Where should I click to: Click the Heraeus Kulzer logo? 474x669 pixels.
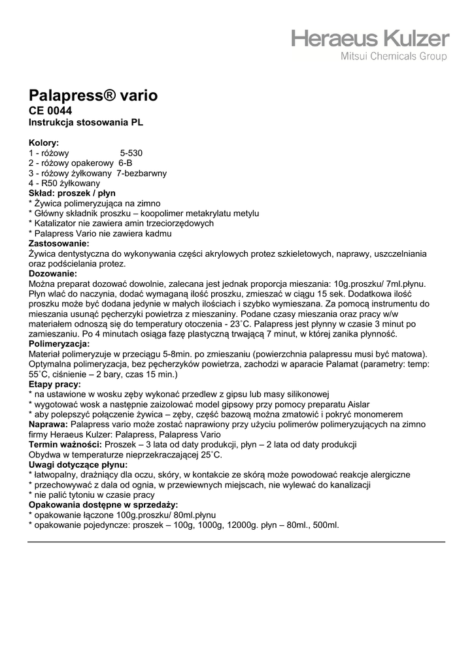[371, 38]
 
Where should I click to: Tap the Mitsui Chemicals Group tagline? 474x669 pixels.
[395, 57]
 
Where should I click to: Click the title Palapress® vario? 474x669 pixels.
[93, 96]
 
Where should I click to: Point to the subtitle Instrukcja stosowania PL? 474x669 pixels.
[86, 122]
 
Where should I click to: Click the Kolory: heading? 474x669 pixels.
[44, 142]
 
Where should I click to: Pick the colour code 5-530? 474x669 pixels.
[131, 153]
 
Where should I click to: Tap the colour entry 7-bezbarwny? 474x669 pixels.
[141, 173]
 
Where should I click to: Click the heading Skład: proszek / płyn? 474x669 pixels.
[72, 193]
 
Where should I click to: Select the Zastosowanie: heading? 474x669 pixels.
[59, 244]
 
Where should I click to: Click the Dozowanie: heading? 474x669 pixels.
[53, 274]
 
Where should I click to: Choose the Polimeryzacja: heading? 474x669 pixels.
[59, 344]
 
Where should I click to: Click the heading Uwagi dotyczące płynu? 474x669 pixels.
[78, 465]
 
